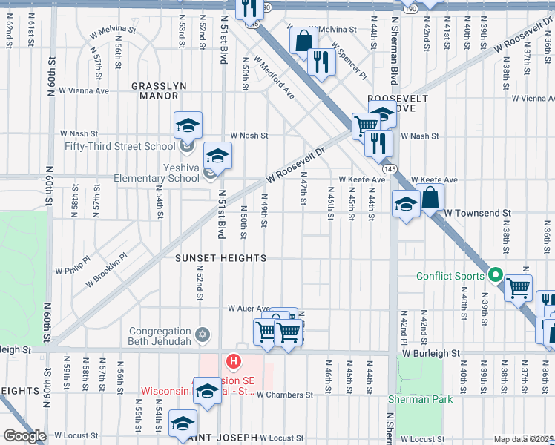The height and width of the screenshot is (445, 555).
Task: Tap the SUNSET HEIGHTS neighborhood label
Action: [220, 258]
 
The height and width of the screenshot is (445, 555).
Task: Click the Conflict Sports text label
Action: [450, 277]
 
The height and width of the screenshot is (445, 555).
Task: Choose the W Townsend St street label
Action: [478, 213]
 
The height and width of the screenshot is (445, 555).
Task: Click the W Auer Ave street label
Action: [249, 308]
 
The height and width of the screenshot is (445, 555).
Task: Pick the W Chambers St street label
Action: [285, 395]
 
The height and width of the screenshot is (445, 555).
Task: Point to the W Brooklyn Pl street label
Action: [107, 269]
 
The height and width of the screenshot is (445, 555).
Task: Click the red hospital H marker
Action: [234, 362]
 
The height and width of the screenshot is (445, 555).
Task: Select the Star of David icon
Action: [201, 337]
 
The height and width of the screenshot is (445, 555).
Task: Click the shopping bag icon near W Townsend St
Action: [431, 198]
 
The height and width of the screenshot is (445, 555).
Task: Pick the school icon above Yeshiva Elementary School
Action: [217, 156]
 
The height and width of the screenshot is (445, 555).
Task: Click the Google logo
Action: [24, 436]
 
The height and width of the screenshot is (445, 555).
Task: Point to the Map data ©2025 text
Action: [523, 439]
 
